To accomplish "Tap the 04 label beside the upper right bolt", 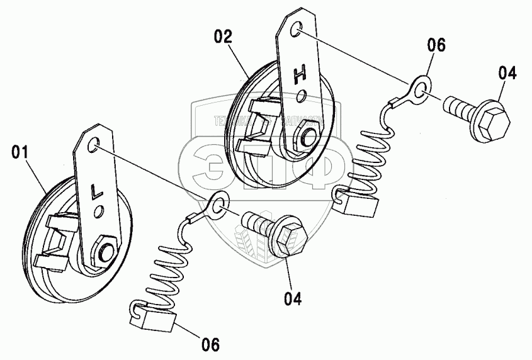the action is coord(508,73).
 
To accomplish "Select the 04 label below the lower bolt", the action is coord(292,298).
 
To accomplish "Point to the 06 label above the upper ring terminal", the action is coord(436,45).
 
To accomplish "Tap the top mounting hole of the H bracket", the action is coord(298,29).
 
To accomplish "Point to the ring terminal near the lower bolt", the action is coord(217,205).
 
